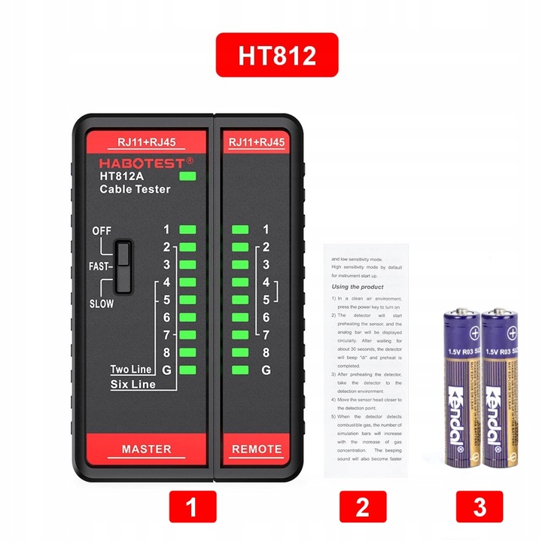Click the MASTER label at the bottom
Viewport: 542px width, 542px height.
click(x=147, y=449)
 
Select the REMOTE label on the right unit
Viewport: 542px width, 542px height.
click(x=256, y=449)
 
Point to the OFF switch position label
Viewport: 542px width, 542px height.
click(x=102, y=230)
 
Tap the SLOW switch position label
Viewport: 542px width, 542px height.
click(x=102, y=303)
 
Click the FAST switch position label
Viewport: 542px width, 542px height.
click(x=99, y=266)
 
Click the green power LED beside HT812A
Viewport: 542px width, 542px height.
click(x=188, y=177)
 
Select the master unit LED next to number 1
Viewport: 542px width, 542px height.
click(x=187, y=230)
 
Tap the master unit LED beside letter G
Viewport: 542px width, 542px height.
click(x=187, y=370)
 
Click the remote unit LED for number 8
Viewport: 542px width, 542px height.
click(x=241, y=352)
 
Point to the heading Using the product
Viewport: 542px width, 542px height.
click(x=358, y=287)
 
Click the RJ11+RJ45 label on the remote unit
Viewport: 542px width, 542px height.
click(x=256, y=142)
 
